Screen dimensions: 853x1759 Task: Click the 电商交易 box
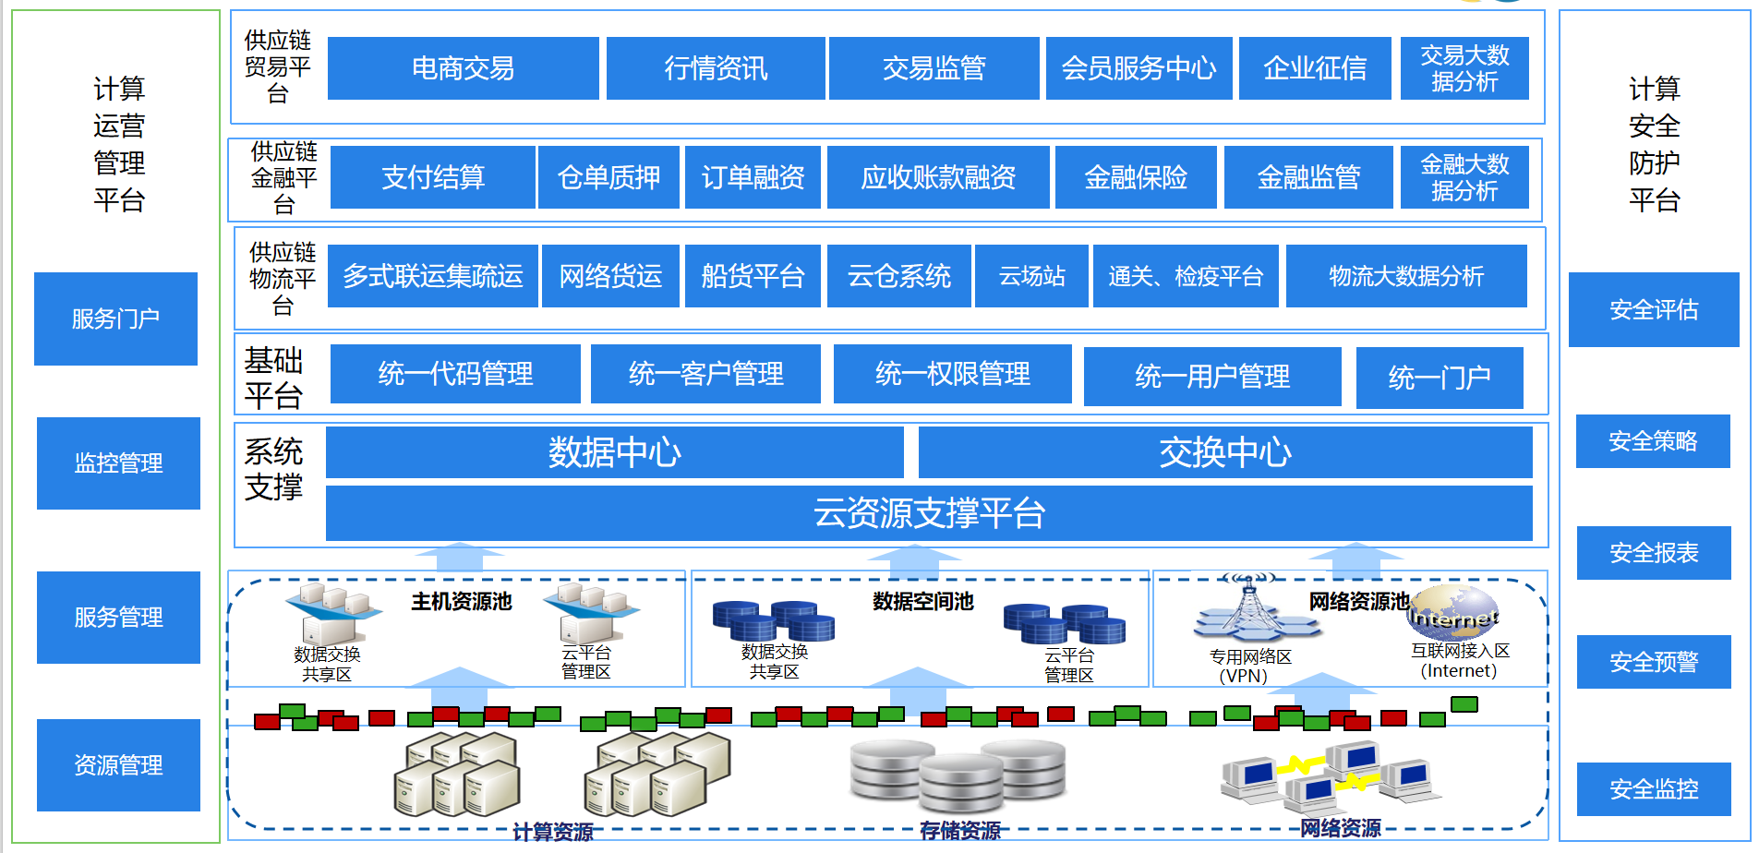(x=463, y=68)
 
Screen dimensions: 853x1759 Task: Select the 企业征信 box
(x=1314, y=68)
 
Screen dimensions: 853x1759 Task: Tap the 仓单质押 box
(x=608, y=177)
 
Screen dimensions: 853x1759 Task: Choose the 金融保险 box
(x=1135, y=177)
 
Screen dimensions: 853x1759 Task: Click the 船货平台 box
(x=753, y=276)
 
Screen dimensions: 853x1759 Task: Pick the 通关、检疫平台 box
(x=1186, y=276)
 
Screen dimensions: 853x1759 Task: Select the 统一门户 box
(x=1439, y=378)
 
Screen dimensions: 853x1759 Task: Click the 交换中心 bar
(x=1224, y=452)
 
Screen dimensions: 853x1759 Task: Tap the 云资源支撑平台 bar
(x=928, y=513)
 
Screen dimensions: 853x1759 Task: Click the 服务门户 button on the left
(x=115, y=319)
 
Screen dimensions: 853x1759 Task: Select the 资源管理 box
(x=118, y=765)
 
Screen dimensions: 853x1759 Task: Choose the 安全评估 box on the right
(x=1653, y=310)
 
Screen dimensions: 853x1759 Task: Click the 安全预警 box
(x=1653, y=662)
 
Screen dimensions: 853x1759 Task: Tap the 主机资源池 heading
(x=461, y=602)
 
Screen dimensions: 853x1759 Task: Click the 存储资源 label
(x=959, y=831)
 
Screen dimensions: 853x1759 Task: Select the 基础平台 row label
(x=273, y=378)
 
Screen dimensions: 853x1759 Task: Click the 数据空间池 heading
(x=922, y=602)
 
